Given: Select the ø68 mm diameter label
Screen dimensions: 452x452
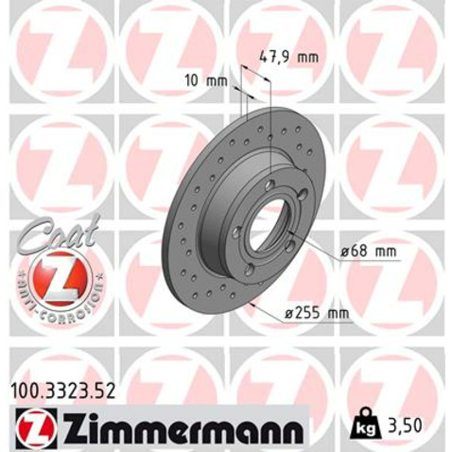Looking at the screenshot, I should (361, 251).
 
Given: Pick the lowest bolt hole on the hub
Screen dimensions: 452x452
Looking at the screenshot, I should (250, 270).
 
